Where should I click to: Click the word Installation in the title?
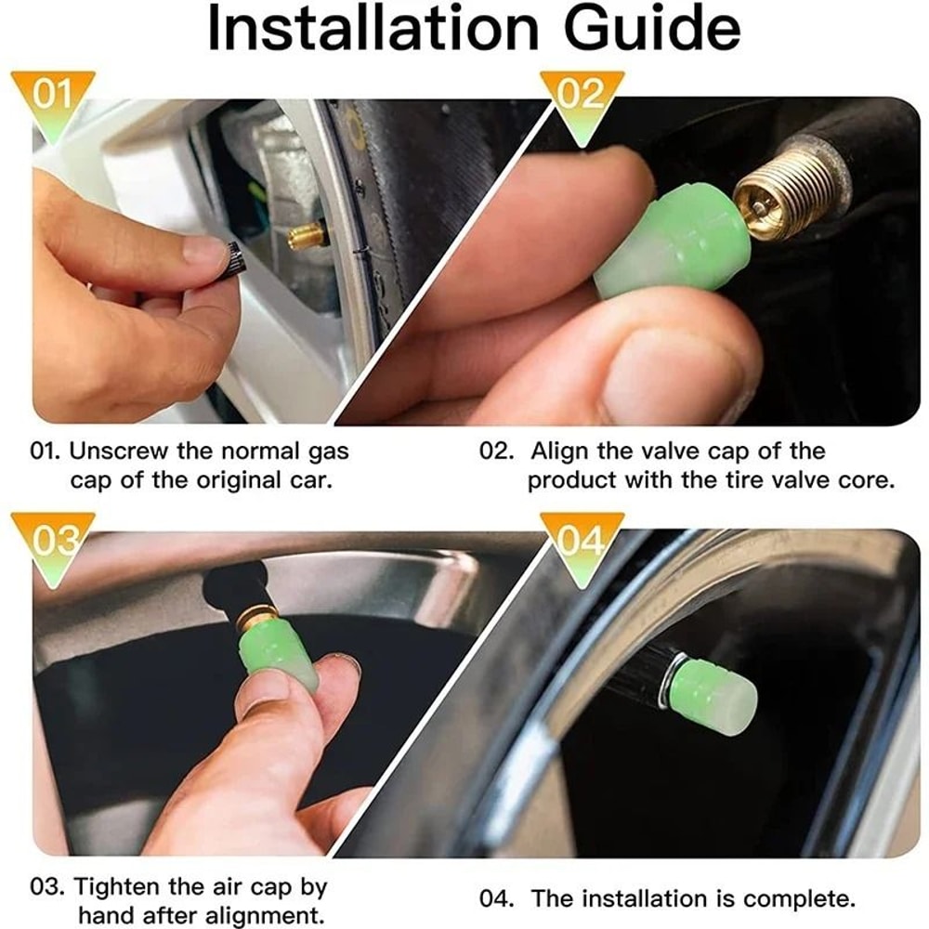(x=368, y=30)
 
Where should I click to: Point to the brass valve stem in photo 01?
(x=307, y=235)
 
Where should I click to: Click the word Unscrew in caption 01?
(x=119, y=452)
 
